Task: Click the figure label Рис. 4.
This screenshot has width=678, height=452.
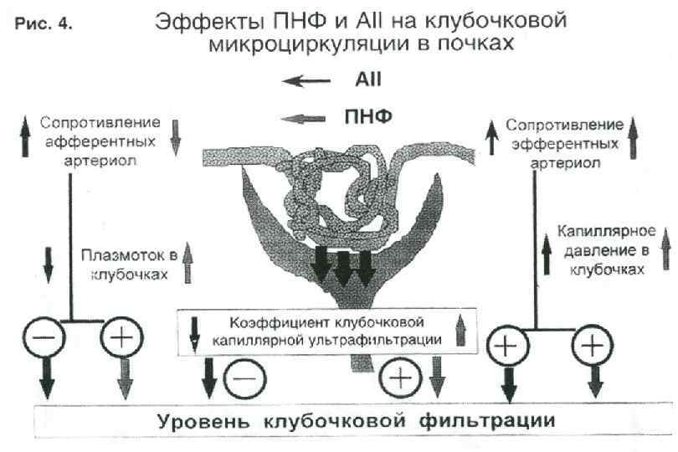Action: pyautogui.click(x=44, y=24)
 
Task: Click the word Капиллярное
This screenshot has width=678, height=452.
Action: pyautogui.click(x=601, y=237)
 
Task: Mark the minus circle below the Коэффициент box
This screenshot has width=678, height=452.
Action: pyautogui.click(x=245, y=378)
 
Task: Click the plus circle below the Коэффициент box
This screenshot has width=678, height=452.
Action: pyautogui.click(x=400, y=378)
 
